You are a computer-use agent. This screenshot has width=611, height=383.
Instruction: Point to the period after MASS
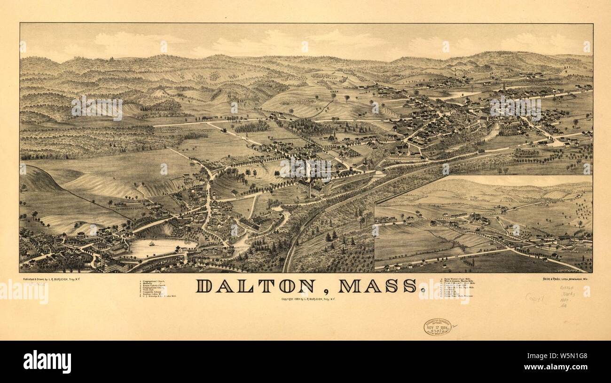pos(423,290)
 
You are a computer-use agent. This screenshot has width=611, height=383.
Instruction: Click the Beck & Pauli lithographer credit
pos(564,279)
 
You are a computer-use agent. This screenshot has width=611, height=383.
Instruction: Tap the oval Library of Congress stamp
pos(437,327)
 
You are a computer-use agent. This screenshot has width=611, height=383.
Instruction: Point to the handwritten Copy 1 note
pos(534,298)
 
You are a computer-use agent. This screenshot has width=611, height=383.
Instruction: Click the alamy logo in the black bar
pos(47,362)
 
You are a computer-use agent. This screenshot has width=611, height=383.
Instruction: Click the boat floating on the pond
pos(152,244)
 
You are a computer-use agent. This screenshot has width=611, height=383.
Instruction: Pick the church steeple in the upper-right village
pos(503,86)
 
